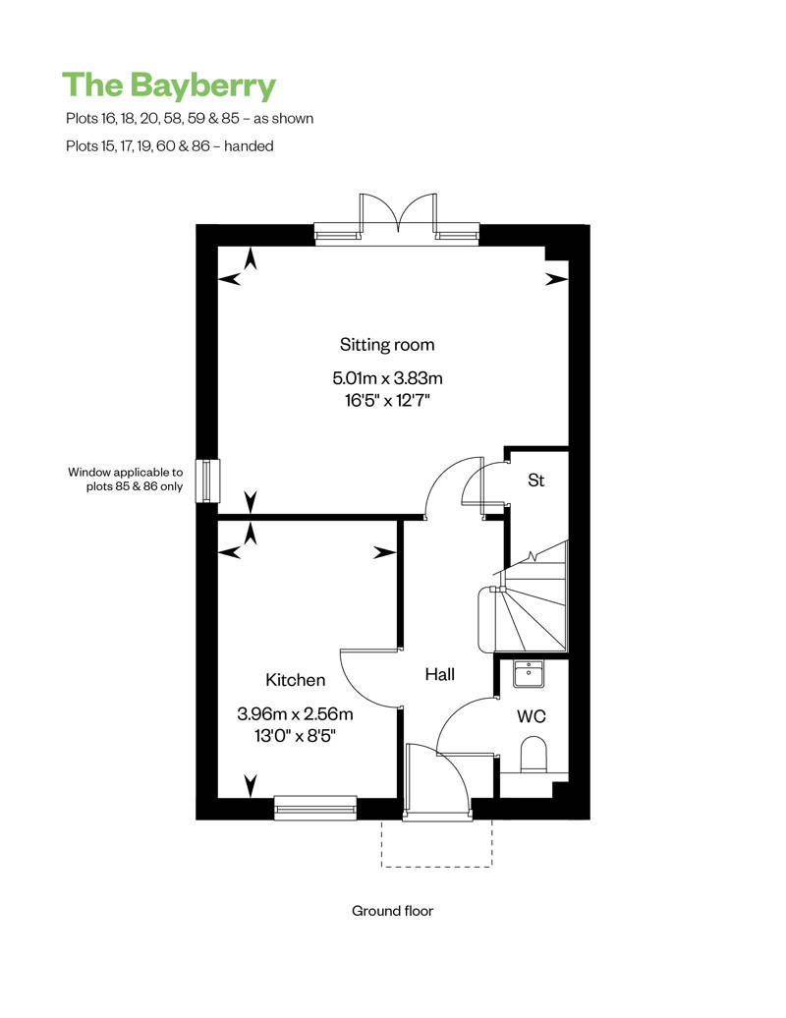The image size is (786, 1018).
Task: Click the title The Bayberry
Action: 169,86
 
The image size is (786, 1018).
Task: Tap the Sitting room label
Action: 387,345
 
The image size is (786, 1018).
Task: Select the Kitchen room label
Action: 296,680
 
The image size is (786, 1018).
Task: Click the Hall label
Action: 439,674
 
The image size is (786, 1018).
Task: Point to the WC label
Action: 531,716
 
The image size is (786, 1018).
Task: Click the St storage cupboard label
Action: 535,481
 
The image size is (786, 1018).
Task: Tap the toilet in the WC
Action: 534,753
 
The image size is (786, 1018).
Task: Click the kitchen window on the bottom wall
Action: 315,808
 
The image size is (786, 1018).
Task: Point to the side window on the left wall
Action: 207,481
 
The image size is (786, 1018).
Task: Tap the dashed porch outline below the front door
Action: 436,866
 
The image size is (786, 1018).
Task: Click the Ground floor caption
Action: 392,911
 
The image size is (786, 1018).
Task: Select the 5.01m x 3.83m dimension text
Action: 387,377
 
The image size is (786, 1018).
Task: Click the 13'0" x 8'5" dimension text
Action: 296,736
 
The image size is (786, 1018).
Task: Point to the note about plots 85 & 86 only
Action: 125,480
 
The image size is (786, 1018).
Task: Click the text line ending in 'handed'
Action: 169,146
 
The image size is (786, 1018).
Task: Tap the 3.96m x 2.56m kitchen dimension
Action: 296,714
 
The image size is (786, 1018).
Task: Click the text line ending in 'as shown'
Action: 190,118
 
